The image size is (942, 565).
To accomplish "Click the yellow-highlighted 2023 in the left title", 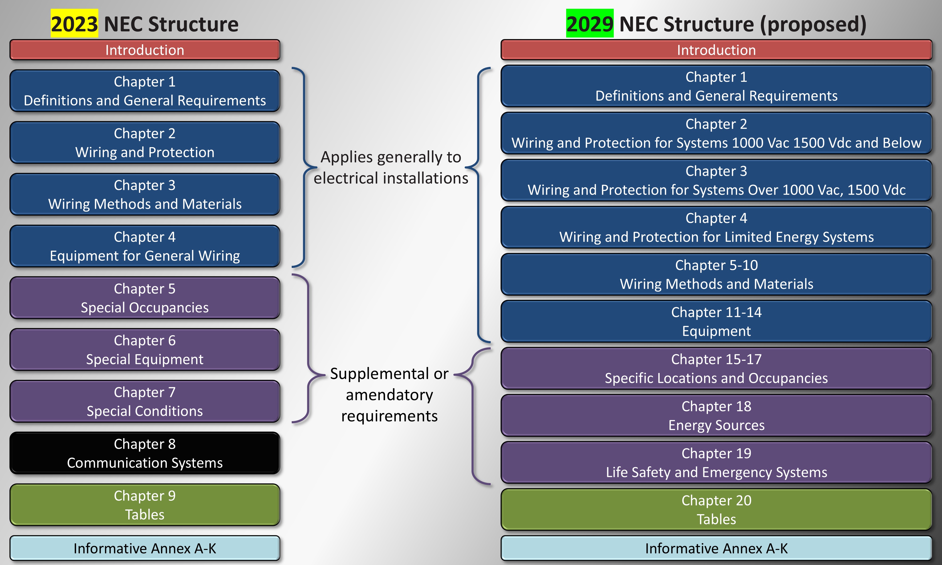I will (x=74, y=24).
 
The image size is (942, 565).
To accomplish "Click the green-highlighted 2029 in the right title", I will (x=590, y=24).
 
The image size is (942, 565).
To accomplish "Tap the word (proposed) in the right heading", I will (x=813, y=24).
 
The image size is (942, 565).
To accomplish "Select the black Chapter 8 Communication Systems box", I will (x=145, y=453).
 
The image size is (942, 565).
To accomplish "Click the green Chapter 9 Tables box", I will (x=145, y=505).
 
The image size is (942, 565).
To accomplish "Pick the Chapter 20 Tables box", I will (x=716, y=509).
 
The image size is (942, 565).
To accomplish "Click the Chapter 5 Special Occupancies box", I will (x=145, y=298).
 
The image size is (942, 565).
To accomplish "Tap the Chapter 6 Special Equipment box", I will (x=145, y=350).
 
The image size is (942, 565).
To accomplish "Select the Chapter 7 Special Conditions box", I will (x=145, y=401).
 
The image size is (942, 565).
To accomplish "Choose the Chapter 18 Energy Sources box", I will (x=716, y=415).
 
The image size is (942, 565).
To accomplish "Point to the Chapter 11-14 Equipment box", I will (x=716, y=321).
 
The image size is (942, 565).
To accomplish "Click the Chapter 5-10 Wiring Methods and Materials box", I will (x=716, y=274).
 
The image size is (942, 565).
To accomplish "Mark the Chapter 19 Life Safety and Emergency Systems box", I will (x=716, y=463).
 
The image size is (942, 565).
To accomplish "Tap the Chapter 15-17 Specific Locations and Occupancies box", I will (x=716, y=368).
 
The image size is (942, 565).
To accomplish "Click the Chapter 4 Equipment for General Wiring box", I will (x=145, y=246).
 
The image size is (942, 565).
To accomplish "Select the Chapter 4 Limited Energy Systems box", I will (x=716, y=227).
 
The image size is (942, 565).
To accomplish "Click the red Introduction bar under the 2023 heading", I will (x=145, y=50).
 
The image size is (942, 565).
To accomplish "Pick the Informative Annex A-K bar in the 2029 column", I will (x=716, y=548).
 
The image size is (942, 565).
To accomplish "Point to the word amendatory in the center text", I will (x=389, y=395).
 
